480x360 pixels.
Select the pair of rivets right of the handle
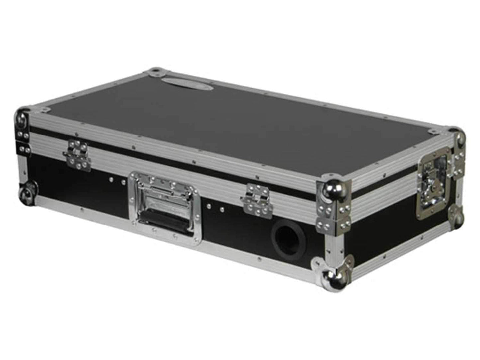coord(215,208)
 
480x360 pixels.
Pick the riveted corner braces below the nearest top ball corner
coord(334,216)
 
